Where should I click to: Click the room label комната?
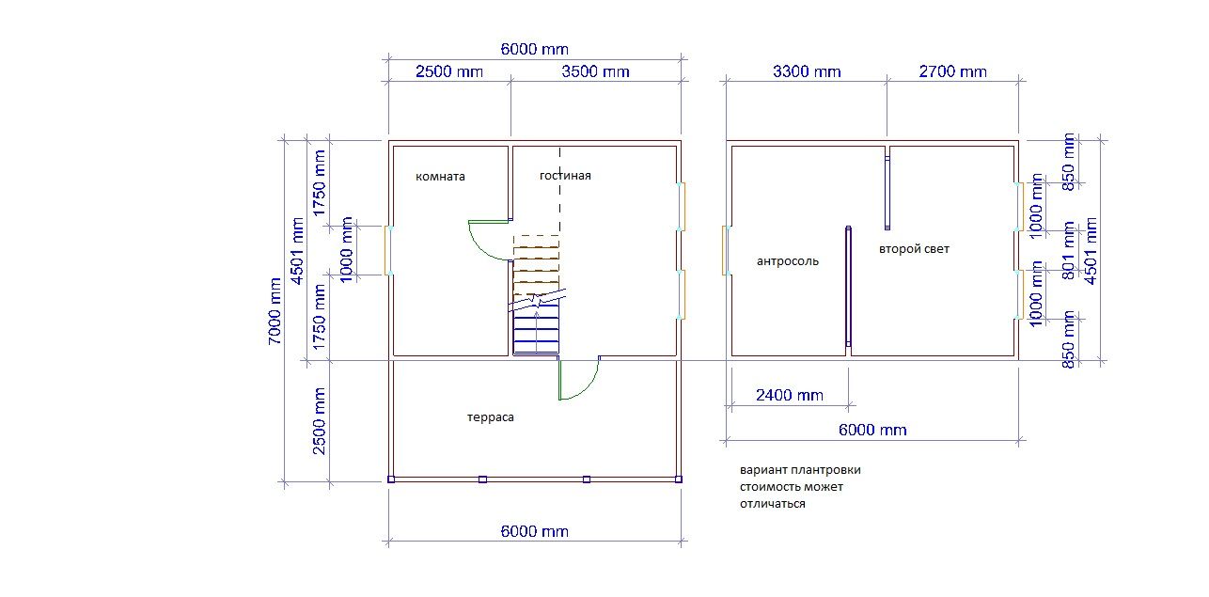pos(440,177)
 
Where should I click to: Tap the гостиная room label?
pos(565,176)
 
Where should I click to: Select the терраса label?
pos(490,417)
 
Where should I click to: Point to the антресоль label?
pos(788,261)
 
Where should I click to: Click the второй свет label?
pos(914,249)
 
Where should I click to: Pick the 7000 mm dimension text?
pos(275,311)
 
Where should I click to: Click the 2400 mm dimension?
pos(789,395)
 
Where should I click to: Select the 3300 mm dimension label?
pos(807,71)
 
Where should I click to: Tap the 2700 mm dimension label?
pos(952,71)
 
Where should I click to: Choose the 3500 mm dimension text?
pos(595,71)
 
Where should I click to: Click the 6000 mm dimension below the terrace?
pos(534,531)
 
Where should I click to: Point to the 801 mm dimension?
pos(1069,250)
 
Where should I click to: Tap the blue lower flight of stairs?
pos(536,330)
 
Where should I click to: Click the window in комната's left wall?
pos(387,250)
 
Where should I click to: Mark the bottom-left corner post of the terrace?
pos(391,479)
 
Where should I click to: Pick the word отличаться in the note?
pos(773,504)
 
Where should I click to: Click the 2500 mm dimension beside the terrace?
pos(320,421)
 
